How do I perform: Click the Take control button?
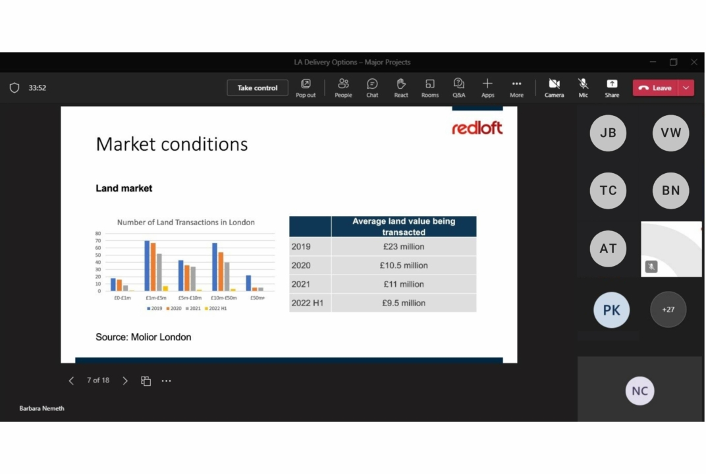coord(258,88)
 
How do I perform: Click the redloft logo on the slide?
coord(477,128)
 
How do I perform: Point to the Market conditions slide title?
coord(172,144)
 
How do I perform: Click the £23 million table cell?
coord(404,247)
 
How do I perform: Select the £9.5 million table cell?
coord(404,303)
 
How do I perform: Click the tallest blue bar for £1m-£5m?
coord(147,265)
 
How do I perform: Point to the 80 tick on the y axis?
coord(98,234)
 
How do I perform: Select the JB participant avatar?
coord(608,133)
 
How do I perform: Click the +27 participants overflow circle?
coord(668,309)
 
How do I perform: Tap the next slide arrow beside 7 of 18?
coord(125,381)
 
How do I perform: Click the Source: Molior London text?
coord(144,337)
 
